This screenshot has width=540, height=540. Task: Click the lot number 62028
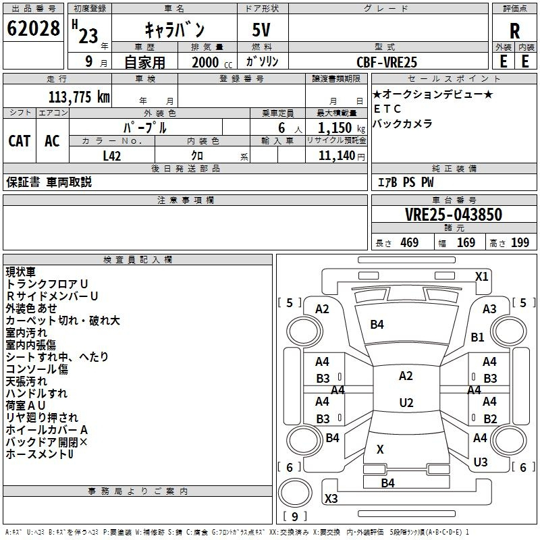(33, 29)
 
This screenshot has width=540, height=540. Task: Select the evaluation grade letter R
(514, 30)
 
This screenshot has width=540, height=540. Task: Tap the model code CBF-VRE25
(387, 62)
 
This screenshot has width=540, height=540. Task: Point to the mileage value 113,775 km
(79, 97)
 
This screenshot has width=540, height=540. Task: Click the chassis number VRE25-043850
(454, 215)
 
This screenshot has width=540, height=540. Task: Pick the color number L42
(112, 155)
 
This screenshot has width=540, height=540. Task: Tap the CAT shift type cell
(20, 140)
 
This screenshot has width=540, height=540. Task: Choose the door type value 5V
(263, 30)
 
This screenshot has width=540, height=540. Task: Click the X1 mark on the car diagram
(481, 276)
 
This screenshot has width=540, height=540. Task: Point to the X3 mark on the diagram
(331, 499)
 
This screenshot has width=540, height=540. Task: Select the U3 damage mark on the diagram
(481, 462)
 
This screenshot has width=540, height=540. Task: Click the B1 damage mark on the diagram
(478, 337)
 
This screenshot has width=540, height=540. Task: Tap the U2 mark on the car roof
(406, 403)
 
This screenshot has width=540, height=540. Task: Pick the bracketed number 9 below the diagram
(294, 517)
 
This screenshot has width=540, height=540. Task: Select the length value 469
(409, 243)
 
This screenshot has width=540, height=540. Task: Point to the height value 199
(520, 243)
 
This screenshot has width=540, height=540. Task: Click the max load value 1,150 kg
(336, 128)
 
